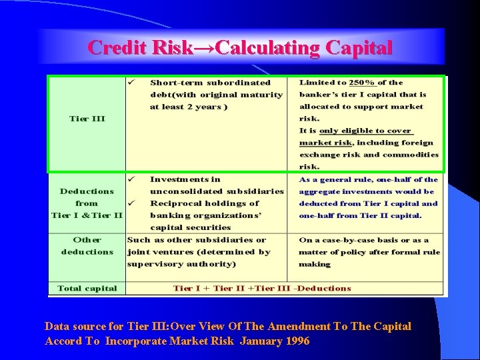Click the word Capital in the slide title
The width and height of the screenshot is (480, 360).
point(359,48)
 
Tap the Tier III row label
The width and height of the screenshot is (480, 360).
point(87,119)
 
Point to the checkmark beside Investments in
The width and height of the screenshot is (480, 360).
point(132,179)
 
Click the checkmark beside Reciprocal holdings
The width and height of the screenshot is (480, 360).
point(132,203)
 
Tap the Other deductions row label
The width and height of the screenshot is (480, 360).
point(87,245)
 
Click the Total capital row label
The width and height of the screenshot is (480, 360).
point(87,289)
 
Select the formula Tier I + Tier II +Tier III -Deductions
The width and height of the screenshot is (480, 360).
point(262,289)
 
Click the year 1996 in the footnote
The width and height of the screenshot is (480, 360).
point(296,341)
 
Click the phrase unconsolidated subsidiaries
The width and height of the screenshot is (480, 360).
point(217,191)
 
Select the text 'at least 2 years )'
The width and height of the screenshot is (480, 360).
point(189,107)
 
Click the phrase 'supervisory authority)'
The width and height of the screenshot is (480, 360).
point(181,264)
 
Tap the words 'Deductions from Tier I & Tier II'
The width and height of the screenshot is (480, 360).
point(87,203)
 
